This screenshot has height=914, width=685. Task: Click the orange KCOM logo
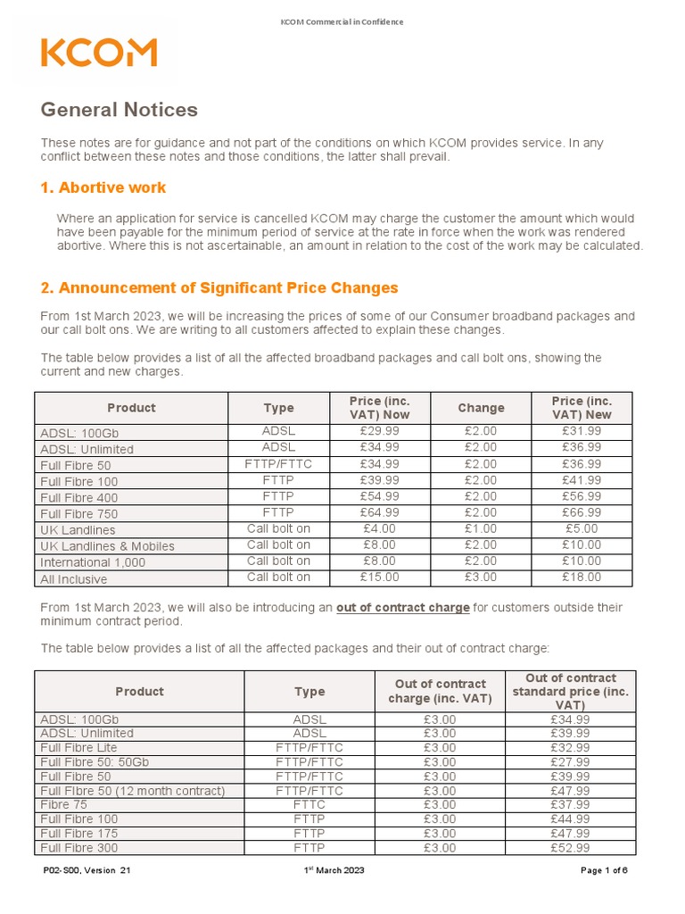coord(98,53)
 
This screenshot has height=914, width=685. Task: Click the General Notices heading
coord(119,110)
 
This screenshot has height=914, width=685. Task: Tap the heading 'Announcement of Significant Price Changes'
coord(219,287)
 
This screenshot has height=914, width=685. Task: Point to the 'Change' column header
coord(481,408)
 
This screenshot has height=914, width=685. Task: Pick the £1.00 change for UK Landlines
coord(481,528)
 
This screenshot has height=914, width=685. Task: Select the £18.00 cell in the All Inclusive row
coord(582,577)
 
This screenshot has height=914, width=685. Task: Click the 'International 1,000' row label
coord(92,562)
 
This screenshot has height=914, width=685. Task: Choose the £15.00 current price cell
coord(379,577)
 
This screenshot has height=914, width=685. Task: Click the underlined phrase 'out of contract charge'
coord(402,608)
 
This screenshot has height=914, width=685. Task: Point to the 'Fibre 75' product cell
coord(64,805)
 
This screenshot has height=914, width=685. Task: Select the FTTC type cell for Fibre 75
coord(309,805)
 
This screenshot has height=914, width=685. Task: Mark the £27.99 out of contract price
coord(571,762)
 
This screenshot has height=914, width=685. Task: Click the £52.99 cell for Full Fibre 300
coord(571,848)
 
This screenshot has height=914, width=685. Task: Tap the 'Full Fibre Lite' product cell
coord(78,748)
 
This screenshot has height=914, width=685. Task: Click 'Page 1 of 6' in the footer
coord(605,871)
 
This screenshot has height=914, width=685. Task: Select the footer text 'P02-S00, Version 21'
coord(87,871)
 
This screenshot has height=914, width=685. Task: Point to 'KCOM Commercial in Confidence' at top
coord(342,21)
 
